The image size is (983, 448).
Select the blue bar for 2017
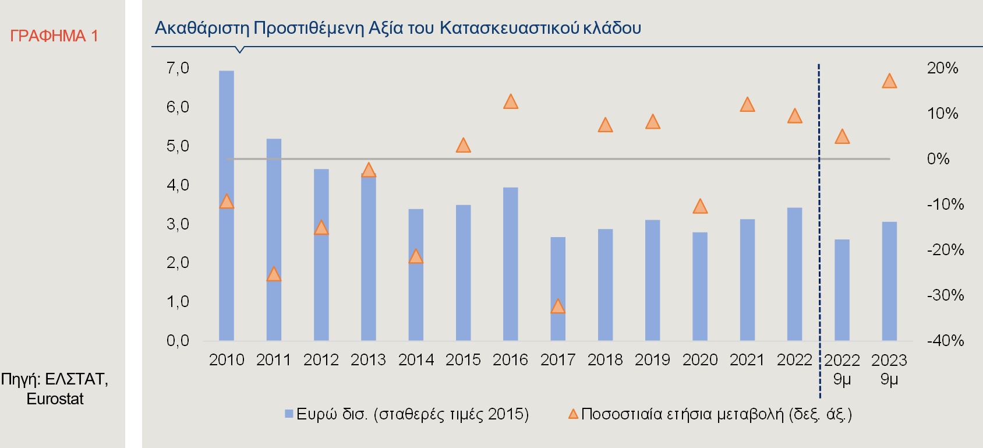[558, 288]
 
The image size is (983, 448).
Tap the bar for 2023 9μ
[889, 281]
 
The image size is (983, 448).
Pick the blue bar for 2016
[510, 263]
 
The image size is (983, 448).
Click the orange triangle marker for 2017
[558, 306]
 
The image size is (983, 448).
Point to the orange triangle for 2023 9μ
[889, 81]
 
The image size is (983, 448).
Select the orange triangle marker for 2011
[274, 274]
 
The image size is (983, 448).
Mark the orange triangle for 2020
[700, 206]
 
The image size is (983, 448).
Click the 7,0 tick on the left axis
[178, 69]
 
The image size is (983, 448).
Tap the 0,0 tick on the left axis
[178, 341]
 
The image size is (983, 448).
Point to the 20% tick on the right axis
[942, 69]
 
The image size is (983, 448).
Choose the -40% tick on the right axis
[945, 341]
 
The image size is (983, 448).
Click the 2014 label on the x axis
[416, 360]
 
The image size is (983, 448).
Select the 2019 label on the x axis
[652, 360]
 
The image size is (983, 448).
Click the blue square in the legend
[288, 414]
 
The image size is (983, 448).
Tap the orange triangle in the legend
[573, 414]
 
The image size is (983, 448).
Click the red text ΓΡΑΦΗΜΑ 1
[54, 36]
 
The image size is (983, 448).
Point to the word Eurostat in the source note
[55, 399]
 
